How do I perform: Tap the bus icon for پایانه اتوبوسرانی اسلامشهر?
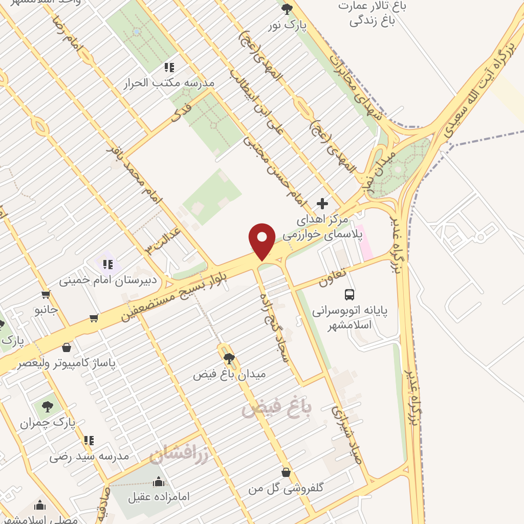pos(350,294)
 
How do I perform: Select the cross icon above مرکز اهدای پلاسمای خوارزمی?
pos(322,204)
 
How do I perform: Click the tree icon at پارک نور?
pos(287,8)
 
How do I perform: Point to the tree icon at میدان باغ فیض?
pos(229,358)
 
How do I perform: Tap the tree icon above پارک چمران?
pos(47,407)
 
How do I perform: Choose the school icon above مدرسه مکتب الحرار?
pos(169,67)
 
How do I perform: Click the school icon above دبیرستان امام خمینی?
pos(107,264)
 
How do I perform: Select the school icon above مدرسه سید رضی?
pos(89,440)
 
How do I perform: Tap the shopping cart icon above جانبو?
pos(46,294)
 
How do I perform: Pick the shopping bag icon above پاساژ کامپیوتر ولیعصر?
pos(67,347)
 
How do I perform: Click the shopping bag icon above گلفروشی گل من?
pos(286,472)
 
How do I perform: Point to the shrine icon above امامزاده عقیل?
pos(159,482)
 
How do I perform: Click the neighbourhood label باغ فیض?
pos(276,408)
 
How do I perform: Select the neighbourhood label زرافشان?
pos(179,454)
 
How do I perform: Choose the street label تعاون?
pos(333,277)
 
